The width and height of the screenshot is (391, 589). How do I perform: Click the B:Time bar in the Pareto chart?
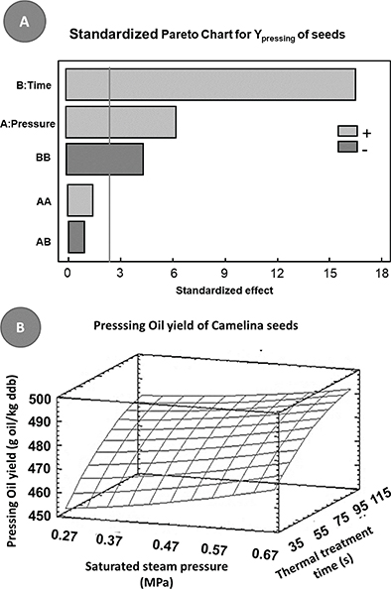pyautogui.click(x=210, y=84)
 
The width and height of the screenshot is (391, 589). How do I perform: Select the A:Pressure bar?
pyautogui.click(x=121, y=122)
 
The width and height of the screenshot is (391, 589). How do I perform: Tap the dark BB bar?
pyautogui.click(x=104, y=159)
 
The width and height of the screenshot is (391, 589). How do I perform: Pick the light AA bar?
pyautogui.click(x=80, y=200)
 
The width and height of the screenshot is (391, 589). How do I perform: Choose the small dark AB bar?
pyautogui.click(x=76, y=237)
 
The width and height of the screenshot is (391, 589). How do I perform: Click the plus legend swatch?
pyautogui.click(x=347, y=131)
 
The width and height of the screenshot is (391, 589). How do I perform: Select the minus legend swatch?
pyautogui.click(x=347, y=147)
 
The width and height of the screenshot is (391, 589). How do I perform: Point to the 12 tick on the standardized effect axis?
pyautogui.click(x=278, y=273)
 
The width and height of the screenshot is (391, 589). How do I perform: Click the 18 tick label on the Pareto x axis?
pyautogui.click(x=382, y=273)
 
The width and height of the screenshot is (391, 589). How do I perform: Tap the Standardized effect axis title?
pyautogui.click(x=224, y=291)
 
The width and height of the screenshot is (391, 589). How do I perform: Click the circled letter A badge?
pyautogui.click(x=24, y=22)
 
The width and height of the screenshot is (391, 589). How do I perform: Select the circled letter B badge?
pyautogui.click(x=20, y=327)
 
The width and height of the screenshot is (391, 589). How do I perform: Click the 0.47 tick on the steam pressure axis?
pyautogui.click(x=166, y=545)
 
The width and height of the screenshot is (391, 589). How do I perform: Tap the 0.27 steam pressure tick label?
pyautogui.click(x=64, y=534)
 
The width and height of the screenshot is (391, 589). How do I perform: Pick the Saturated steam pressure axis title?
pyautogui.click(x=157, y=573)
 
